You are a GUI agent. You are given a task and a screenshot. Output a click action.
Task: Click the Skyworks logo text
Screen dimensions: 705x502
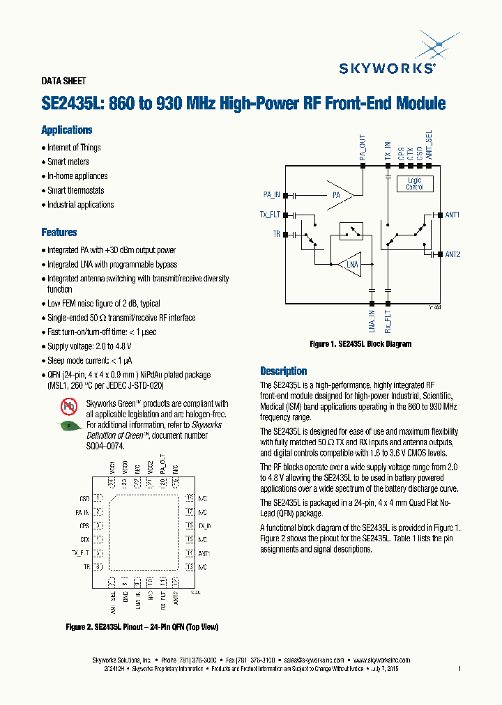coord(388,68)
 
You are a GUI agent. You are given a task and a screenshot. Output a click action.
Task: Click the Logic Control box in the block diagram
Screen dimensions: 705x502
coord(414,183)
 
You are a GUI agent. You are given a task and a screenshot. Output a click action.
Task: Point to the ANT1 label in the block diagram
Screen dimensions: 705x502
coord(452,215)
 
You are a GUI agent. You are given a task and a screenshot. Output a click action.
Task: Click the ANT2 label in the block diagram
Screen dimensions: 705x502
coord(452,254)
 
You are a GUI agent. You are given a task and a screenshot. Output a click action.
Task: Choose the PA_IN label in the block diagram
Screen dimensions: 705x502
coord(272,194)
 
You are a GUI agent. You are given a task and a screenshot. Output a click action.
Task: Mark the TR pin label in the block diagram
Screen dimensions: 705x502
coord(276,235)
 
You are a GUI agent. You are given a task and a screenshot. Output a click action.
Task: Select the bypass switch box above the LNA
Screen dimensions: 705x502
coord(351,231)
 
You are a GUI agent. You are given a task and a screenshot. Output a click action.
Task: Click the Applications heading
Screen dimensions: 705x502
coord(66,130)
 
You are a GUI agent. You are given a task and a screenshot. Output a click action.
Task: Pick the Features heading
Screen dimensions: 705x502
coord(59,233)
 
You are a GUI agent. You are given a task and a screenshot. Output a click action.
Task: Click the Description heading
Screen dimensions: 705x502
coord(283,371)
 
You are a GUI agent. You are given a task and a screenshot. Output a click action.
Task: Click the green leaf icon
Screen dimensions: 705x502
coord(68,426)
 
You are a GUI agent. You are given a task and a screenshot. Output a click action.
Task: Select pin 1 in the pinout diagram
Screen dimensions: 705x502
coord(98,498)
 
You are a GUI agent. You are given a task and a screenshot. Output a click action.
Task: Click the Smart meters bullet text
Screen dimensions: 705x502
coord(68,162)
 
